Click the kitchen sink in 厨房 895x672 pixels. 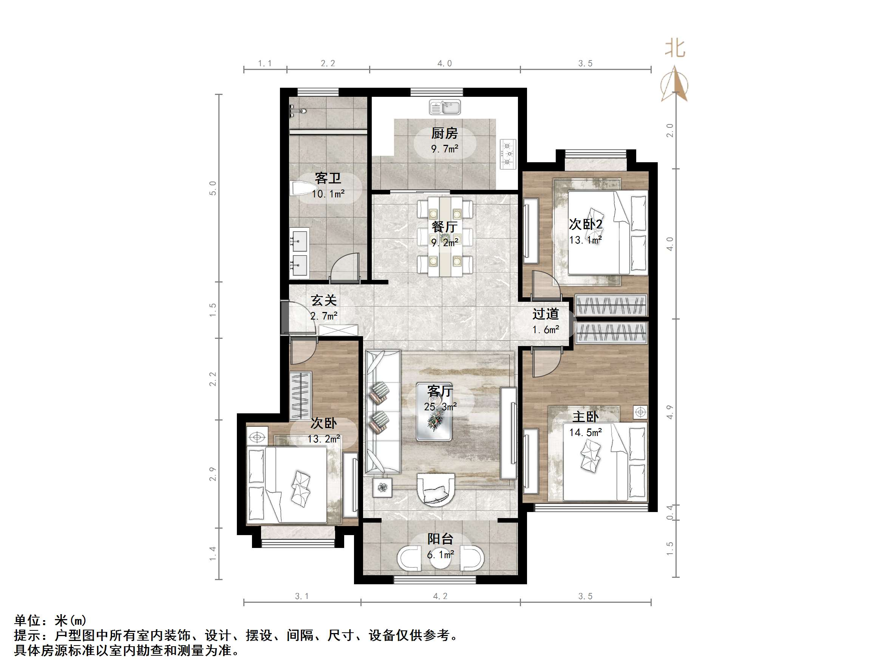click(445, 107)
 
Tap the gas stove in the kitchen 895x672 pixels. click(508, 154)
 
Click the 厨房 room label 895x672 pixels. click(444, 133)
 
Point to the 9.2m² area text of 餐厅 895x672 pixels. click(444, 243)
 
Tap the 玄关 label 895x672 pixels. click(324, 300)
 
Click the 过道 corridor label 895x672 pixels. click(546, 314)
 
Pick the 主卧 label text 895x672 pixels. click(585, 416)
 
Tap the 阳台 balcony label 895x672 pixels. click(440, 539)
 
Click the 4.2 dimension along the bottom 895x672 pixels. click(440, 596)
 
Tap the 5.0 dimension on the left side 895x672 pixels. click(213, 188)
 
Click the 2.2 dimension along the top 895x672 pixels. click(328, 63)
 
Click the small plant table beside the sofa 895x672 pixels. click(382, 488)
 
